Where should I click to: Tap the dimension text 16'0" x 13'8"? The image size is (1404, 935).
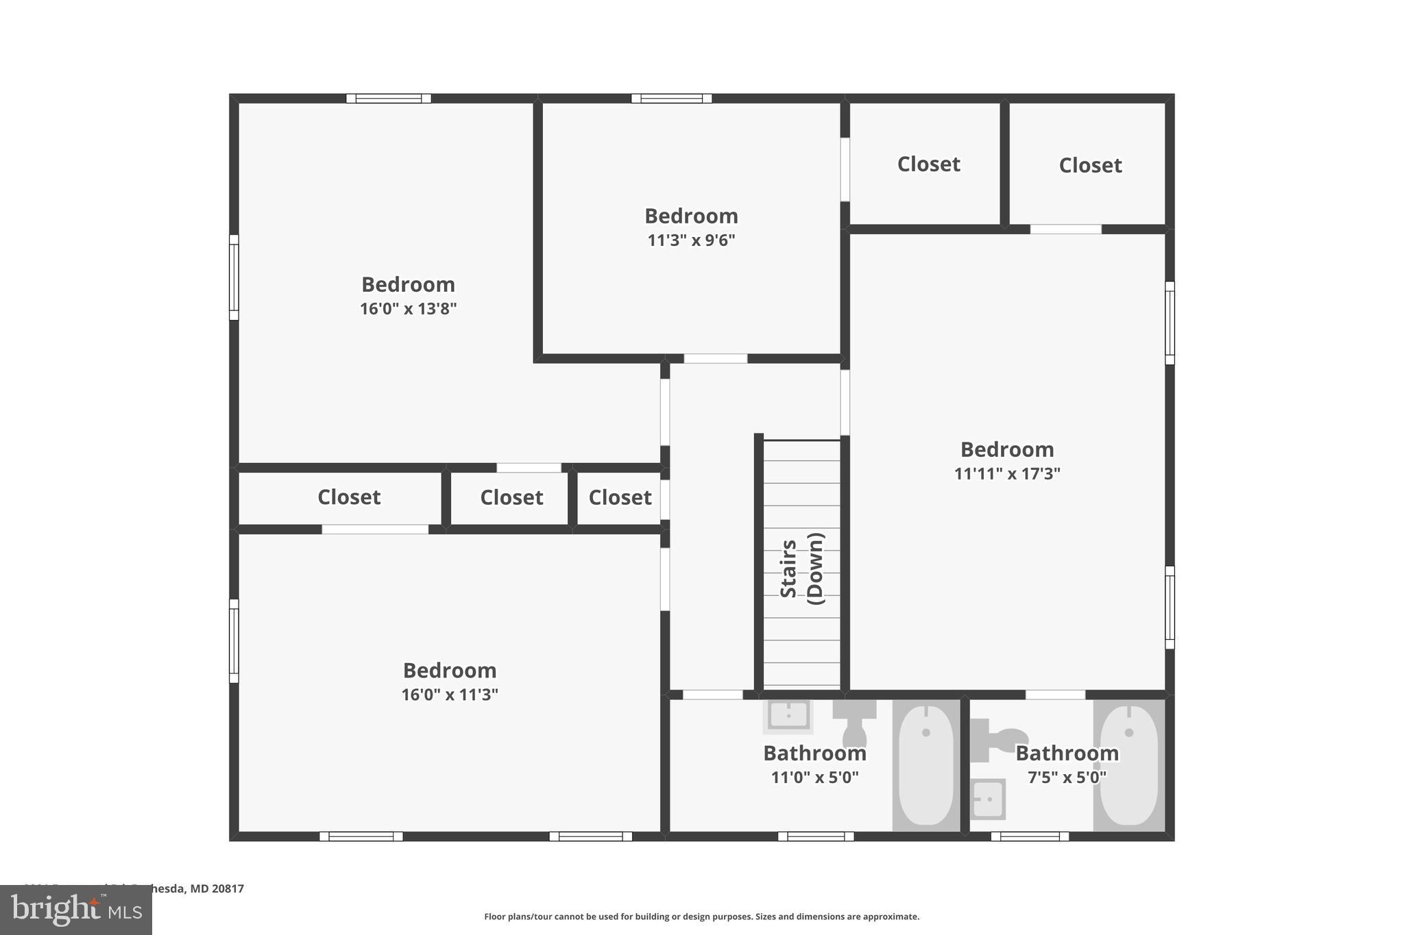(408, 309)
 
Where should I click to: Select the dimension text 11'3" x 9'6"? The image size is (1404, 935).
(691, 240)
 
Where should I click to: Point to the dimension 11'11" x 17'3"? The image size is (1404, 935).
(1006, 474)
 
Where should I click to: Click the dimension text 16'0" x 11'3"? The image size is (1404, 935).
(449, 695)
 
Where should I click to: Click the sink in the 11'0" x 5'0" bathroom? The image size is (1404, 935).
(788, 716)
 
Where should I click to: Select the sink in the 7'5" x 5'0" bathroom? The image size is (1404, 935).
(988, 799)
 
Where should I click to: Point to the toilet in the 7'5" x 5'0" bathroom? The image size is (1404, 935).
(994, 740)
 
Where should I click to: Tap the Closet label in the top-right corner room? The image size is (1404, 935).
(1090, 165)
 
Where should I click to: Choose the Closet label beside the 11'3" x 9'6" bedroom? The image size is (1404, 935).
(928, 164)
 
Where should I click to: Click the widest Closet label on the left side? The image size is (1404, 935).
(348, 497)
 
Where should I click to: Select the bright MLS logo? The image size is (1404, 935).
(75, 910)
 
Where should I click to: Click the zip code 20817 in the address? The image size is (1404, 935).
(228, 888)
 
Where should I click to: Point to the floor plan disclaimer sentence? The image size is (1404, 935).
(701, 917)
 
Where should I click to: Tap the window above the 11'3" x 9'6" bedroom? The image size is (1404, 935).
(671, 99)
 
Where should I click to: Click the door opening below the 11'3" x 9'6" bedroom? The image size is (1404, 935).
(715, 358)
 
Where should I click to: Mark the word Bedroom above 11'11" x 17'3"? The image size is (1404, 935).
(1006, 450)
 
